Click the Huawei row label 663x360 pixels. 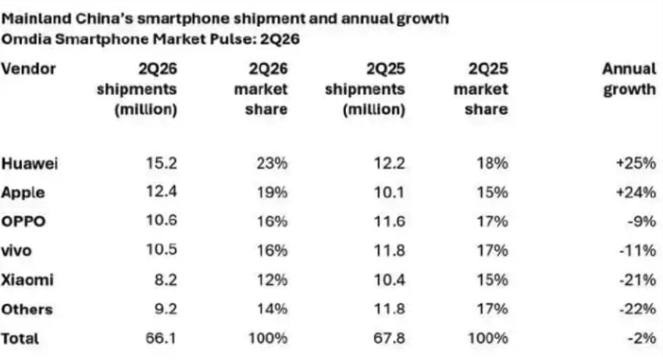click(29, 163)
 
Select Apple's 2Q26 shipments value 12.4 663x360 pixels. click(162, 191)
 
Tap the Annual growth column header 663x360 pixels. click(629, 79)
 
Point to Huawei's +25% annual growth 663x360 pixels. click(636, 163)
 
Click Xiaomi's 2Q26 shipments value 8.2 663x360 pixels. click(166, 280)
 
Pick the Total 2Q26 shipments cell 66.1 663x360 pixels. click(161, 338)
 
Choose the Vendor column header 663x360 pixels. click(28, 69)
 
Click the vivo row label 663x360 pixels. click(16, 251)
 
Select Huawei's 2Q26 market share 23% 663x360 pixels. click(272, 163)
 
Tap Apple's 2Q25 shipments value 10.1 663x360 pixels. click(390, 192)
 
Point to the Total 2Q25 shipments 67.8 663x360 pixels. click(389, 338)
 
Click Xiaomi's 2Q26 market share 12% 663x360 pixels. click(273, 280)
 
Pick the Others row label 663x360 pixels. click(27, 309)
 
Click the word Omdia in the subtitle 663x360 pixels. click(27, 39)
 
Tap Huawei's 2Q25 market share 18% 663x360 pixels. click(492, 163)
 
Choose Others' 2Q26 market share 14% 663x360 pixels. click(273, 308)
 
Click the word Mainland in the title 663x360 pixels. click(37, 19)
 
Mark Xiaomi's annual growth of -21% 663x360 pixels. click(638, 280)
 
